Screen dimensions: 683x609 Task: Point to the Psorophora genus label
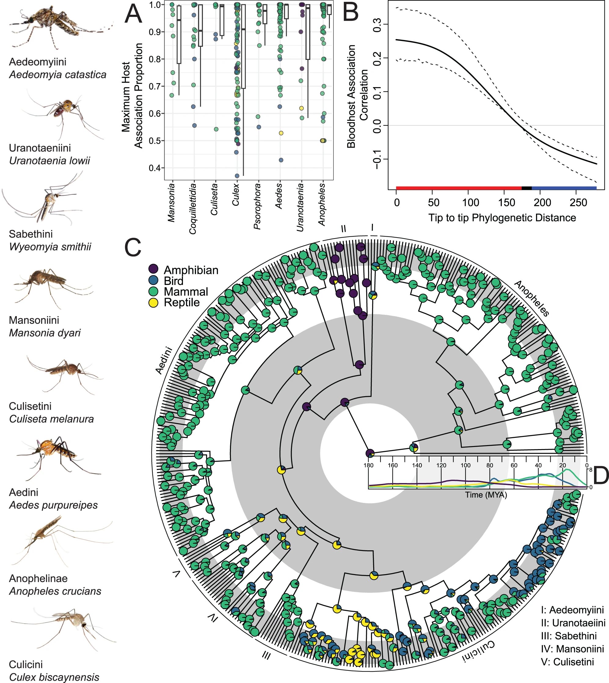point(257,206)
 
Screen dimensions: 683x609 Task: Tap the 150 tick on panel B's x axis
point(507,203)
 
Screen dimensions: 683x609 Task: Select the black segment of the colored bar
point(526,188)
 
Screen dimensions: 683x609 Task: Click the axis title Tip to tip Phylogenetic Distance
point(502,218)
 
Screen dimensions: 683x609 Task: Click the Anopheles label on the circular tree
point(532,298)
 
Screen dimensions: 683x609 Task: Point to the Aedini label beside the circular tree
point(164,360)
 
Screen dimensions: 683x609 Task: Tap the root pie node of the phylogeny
point(370,453)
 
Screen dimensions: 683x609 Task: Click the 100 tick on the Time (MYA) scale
point(465,465)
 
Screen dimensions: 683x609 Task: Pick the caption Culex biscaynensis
point(54,677)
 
